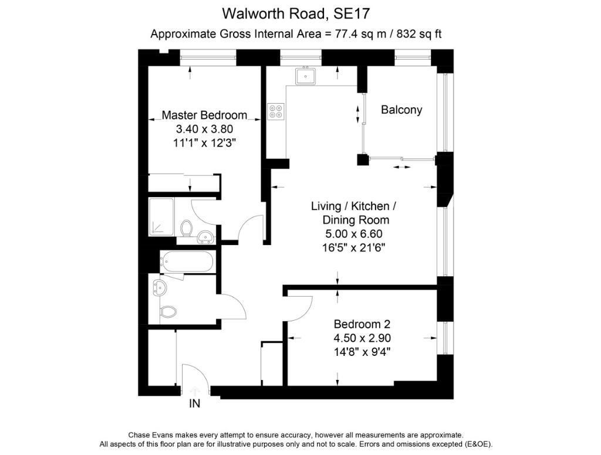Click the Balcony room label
[x=401, y=110]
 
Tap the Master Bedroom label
[x=204, y=115]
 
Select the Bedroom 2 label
[x=362, y=324]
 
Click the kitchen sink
[x=305, y=76]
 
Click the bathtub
[x=186, y=262]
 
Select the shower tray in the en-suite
[x=161, y=217]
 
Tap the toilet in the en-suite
[x=187, y=229]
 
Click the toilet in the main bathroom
[x=167, y=311]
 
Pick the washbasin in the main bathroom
[x=159, y=288]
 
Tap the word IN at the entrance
[x=195, y=403]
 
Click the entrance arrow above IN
[x=195, y=391]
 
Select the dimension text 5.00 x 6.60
[x=354, y=233]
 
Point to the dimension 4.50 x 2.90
[x=362, y=338]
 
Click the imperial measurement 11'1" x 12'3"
[x=204, y=143]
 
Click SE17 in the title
[x=352, y=14]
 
